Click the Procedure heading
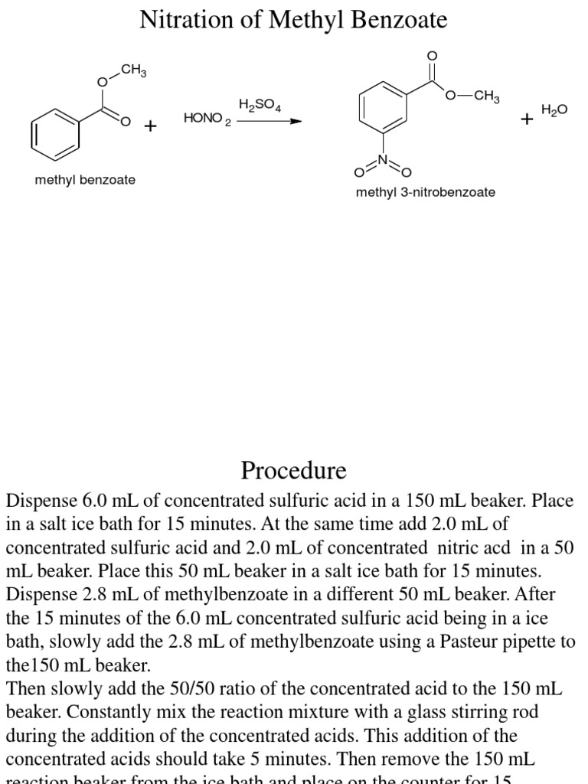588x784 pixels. [293, 469]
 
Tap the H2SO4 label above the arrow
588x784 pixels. [260, 105]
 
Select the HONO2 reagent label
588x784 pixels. [207, 119]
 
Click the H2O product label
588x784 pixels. [554, 110]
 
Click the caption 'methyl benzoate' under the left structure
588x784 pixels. [85, 180]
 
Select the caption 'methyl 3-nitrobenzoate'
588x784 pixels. [425, 192]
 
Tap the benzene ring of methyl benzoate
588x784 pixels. [56, 132]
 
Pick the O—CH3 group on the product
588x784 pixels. [473, 96]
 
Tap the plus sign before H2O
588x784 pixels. [527, 119]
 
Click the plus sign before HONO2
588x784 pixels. [150, 125]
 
